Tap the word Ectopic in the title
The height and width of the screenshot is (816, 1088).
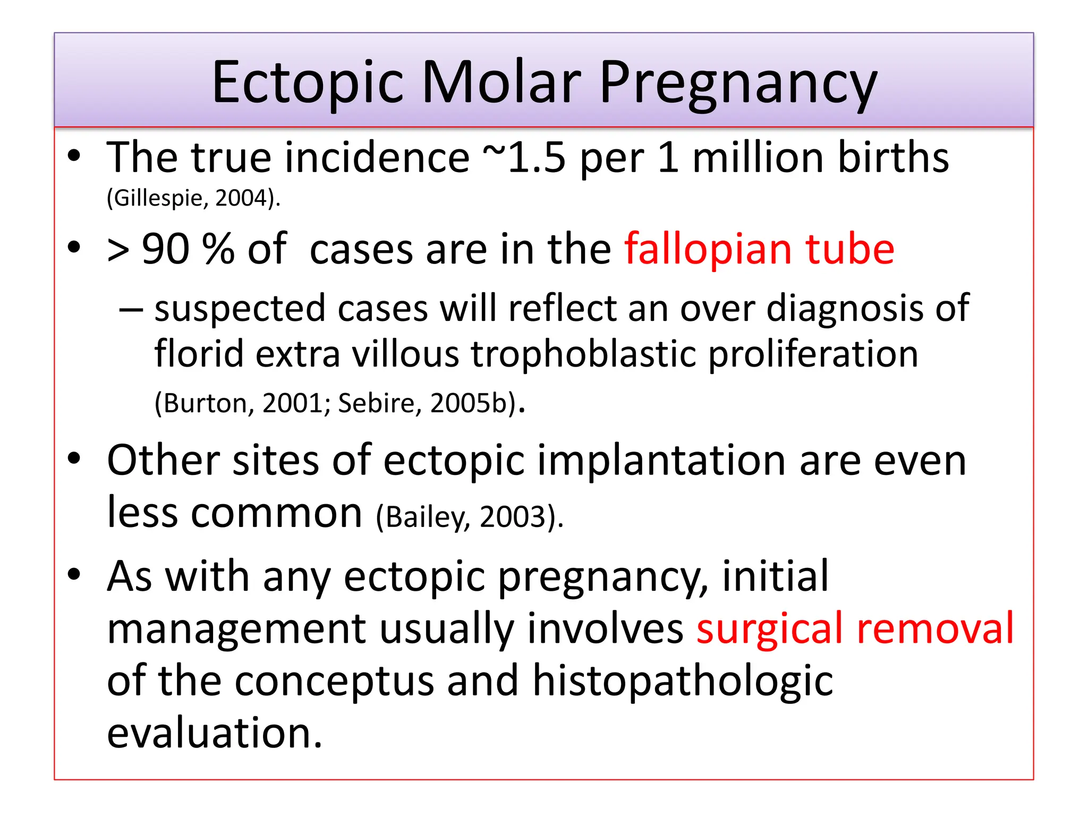click(308, 82)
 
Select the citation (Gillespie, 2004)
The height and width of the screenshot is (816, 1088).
click(193, 199)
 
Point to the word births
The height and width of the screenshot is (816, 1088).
click(893, 158)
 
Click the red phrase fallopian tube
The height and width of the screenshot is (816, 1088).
click(759, 250)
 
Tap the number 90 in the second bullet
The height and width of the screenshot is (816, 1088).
click(165, 250)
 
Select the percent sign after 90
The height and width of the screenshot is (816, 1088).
click(218, 250)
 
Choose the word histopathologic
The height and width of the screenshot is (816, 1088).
click(683, 681)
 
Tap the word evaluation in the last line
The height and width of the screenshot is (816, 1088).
click(215, 733)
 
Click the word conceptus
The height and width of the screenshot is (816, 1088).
click(334, 681)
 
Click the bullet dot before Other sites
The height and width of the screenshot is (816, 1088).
click(74, 457)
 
